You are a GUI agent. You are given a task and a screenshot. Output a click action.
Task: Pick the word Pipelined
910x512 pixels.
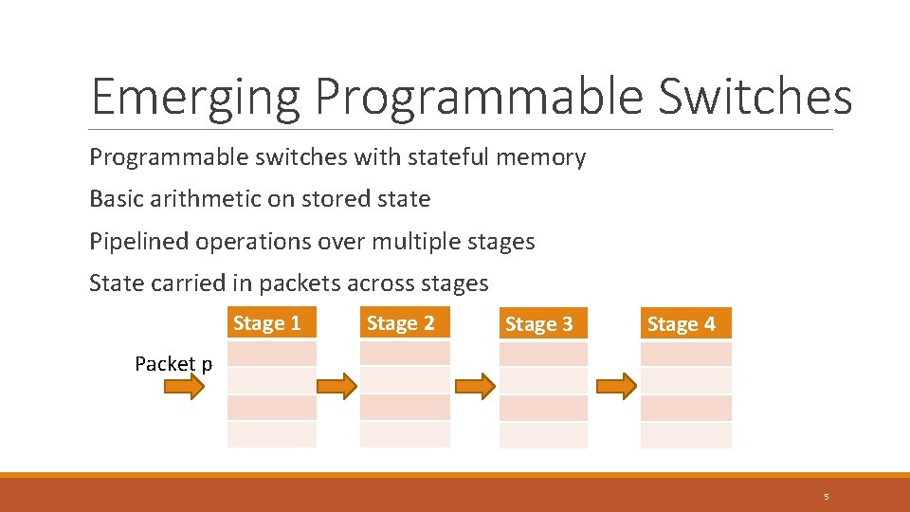(x=138, y=242)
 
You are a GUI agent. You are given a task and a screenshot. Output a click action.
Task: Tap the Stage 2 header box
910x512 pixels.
(x=401, y=323)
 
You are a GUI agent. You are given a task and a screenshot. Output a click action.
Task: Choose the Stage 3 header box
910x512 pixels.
(x=539, y=324)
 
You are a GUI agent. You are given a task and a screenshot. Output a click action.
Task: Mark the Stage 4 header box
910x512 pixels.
(x=682, y=324)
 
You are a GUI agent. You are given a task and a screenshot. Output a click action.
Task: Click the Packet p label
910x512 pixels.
(x=173, y=364)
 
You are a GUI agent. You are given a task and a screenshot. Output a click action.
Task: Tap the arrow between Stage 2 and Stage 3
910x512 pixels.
(x=475, y=386)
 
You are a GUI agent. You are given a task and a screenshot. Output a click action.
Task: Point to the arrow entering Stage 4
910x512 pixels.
(x=616, y=386)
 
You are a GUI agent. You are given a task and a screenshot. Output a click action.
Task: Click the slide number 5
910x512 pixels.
(x=826, y=497)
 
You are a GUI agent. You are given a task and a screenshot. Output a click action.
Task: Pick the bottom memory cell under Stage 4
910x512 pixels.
(x=686, y=435)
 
